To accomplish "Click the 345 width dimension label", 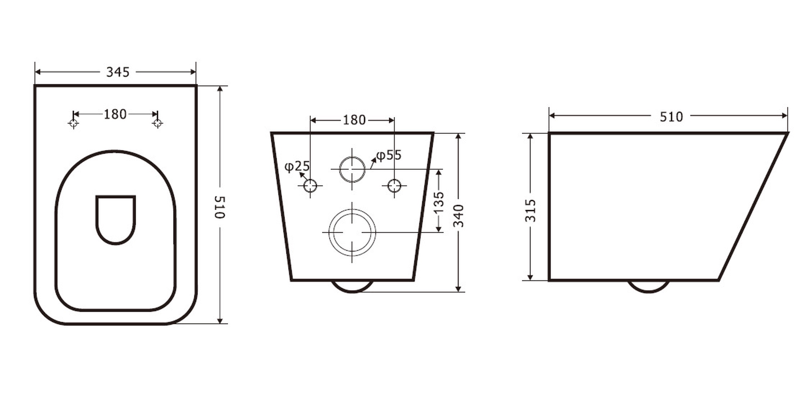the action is coord(118,72).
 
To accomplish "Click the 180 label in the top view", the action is coord(115,115).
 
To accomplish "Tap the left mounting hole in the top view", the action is coord(73,123).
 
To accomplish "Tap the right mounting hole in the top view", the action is coord(157,123).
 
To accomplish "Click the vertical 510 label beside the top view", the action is coord(220,207).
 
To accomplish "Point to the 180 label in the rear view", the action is coord(354,120).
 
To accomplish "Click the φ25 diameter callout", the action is coord(297,166).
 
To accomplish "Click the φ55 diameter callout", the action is coord(388,155).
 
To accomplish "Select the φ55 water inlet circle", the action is coord(352,157).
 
